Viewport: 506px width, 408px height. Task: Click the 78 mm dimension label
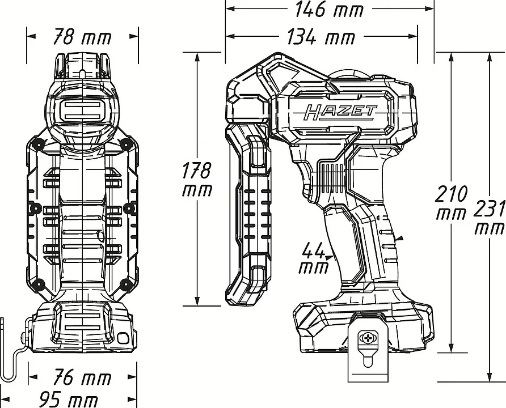click(82, 37)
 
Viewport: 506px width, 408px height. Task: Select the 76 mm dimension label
click(82, 377)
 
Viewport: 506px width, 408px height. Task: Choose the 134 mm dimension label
click(321, 37)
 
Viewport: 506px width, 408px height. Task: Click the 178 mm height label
click(197, 180)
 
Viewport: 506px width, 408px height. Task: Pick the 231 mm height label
click(490, 218)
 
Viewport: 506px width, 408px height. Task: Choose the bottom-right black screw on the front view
click(127, 283)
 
